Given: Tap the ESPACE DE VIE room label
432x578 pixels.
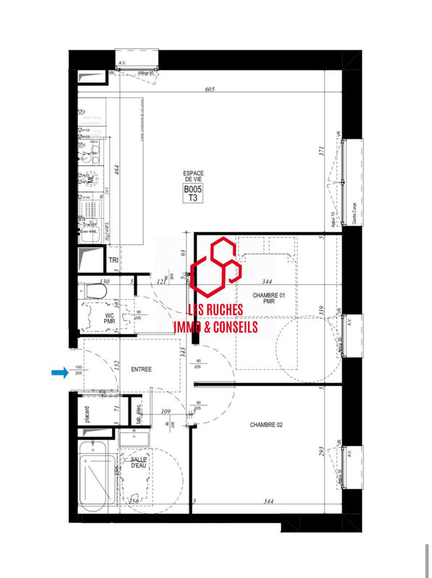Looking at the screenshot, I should tap(193, 177).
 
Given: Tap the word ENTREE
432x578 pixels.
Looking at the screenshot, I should tap(141, 369).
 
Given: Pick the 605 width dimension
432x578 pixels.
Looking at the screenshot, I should tap(210, 89).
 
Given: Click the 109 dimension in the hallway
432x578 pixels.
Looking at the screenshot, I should tap(165, 411).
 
